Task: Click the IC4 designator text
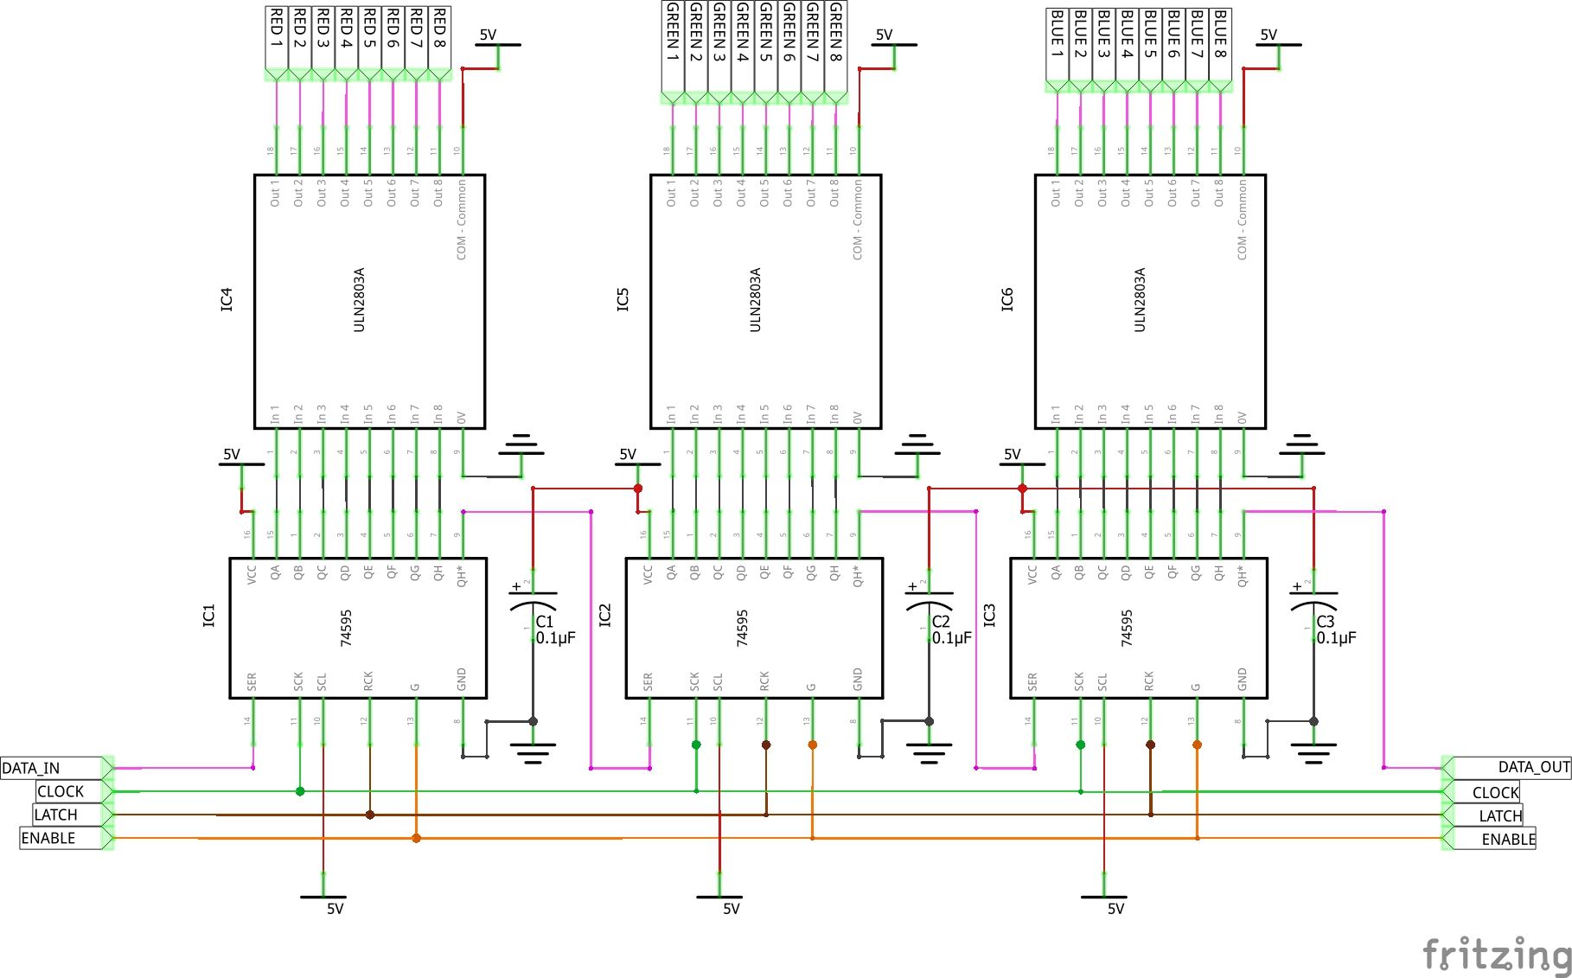[x=227, y=300]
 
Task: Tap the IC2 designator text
[x=605, y=615]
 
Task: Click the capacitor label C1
[x=545, y=622]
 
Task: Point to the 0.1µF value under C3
[x=1336, y=638]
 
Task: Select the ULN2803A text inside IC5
[x=756, y=299]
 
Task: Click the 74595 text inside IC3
[x=1127, y=628]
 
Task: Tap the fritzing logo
[x=1497, y=954]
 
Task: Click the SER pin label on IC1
[x=252, y=681]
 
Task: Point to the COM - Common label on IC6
[x=1242, y=220]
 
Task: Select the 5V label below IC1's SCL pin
[x=335, y=909]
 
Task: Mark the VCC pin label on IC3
[x=1032, y=575]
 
